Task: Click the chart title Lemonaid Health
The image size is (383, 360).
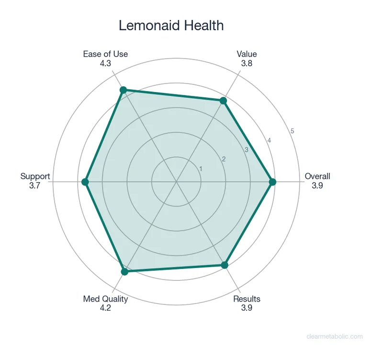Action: (171, 25)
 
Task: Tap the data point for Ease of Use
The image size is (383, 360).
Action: (123, 90)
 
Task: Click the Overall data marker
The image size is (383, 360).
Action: (272, 182)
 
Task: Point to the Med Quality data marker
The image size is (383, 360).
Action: (125, 272)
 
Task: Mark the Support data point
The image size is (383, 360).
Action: (85, 182)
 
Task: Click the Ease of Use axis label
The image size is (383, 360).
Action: (105, 54)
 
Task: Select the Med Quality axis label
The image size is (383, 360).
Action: (105, 299)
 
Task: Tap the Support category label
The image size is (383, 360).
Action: (35, 176)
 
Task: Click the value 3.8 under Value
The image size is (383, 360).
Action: (247, 63)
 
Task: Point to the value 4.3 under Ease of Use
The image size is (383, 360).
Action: (105, 63)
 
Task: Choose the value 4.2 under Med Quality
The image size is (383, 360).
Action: (105, 308)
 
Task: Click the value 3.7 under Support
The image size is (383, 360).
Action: (35, 185)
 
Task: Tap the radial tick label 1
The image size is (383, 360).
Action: (201, 169)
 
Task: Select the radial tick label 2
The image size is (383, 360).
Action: (223, 159)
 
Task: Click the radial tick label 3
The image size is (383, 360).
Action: (246, 150)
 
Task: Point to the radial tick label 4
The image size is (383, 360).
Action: (269, 140)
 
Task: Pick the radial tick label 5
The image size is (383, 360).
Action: (292, 131)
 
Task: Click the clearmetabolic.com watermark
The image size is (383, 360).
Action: (334, 337)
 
